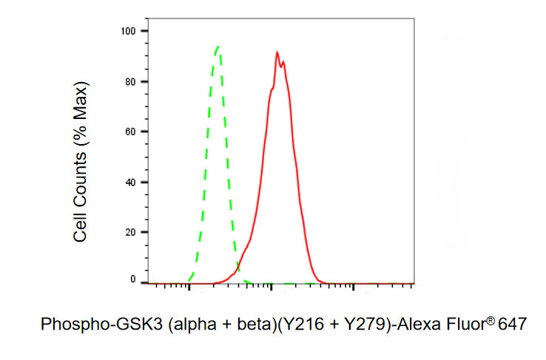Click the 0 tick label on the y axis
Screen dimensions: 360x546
point(133,280)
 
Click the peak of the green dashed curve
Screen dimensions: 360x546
point(218,47)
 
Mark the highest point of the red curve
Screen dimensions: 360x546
point(276,52)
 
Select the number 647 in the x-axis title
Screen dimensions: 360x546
point(511,325)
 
